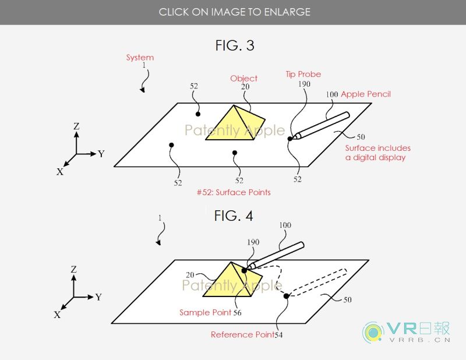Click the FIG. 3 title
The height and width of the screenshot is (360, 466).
[x=235, y=45]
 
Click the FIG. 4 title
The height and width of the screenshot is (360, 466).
[x=234, y=216]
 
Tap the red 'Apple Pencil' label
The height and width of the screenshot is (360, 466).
[x=366, y=94]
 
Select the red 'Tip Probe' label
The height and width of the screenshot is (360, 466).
[x=303, y=75]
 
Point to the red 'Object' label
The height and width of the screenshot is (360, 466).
[x=243, y=79]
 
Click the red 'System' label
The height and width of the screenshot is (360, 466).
[x=140, y=57]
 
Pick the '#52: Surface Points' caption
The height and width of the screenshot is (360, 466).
[x=234, y=192]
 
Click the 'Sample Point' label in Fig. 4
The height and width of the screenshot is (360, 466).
[x=206, y=312]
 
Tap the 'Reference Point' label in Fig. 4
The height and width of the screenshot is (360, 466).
[x=242, y=335]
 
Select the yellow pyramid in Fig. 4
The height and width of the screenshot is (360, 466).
[x=232, y=280]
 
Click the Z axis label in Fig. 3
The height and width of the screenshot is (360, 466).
[x=76, y=126]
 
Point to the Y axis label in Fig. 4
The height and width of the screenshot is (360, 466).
[x=98, y=297]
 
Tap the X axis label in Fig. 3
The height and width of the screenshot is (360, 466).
[x=60, y=171]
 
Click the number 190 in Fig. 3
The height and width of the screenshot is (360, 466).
[x=304, y=84]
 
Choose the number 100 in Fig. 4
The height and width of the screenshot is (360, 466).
[x=285, y=225]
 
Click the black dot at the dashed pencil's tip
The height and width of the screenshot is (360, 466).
[x=286, y=296]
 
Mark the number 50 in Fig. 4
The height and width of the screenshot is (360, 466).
[x=347, y=299]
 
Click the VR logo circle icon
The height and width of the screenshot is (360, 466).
[x=373, y=333]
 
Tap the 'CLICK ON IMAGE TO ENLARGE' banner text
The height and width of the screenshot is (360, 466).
[x=235, y=12]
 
